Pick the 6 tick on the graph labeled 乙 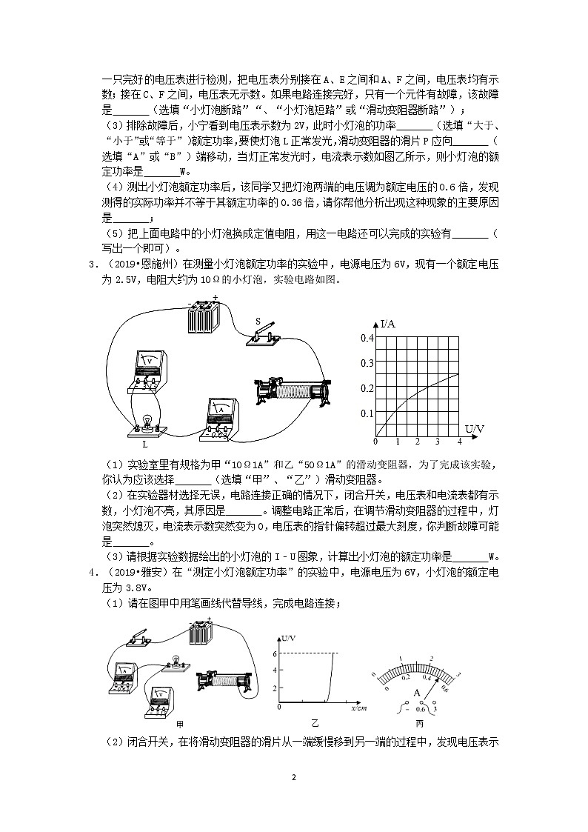pyautogui.click(x=274, y=654)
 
